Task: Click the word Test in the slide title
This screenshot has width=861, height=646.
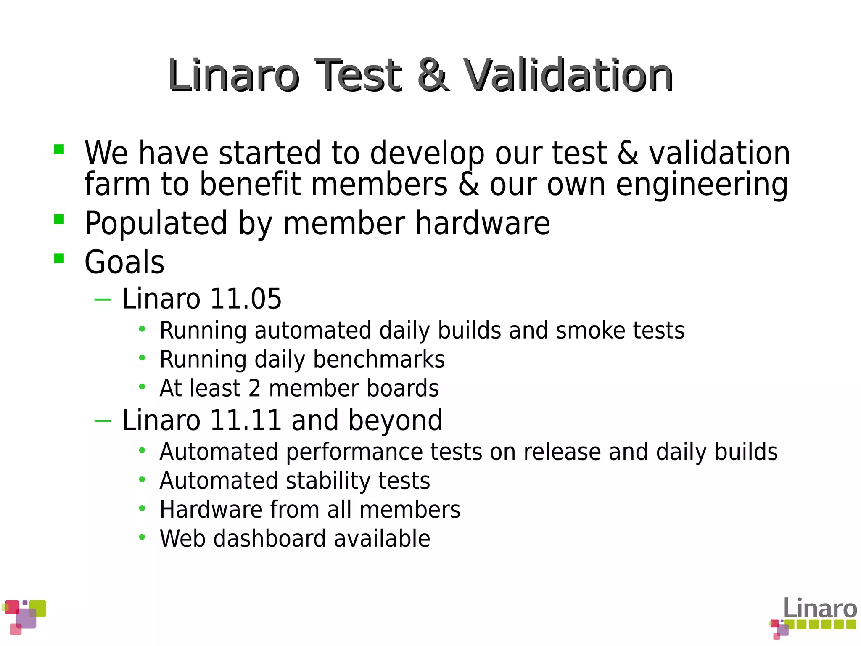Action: (x=358, y=76)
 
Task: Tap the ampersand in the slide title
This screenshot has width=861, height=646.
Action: (x=433, y=76)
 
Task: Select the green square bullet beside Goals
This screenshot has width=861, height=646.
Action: (x=59, y=258)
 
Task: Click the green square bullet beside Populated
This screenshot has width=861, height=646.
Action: (x=59, y=219)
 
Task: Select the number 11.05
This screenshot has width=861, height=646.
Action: (x=246, y=299)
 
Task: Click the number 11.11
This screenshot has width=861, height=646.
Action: (x=246, y=420)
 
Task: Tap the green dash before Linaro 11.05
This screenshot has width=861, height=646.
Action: (x=103, y=299)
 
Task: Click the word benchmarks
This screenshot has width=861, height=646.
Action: (x=379, y=360)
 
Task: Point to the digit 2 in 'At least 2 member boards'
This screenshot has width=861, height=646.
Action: (x=254, y=388)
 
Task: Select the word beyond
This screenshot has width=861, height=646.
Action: (x=395, y=420)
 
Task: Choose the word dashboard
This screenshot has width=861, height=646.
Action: (x=269, y=539)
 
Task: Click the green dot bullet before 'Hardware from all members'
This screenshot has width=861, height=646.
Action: (x=142, y=509)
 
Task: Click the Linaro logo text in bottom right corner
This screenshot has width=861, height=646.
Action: (x=820, y=609)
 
